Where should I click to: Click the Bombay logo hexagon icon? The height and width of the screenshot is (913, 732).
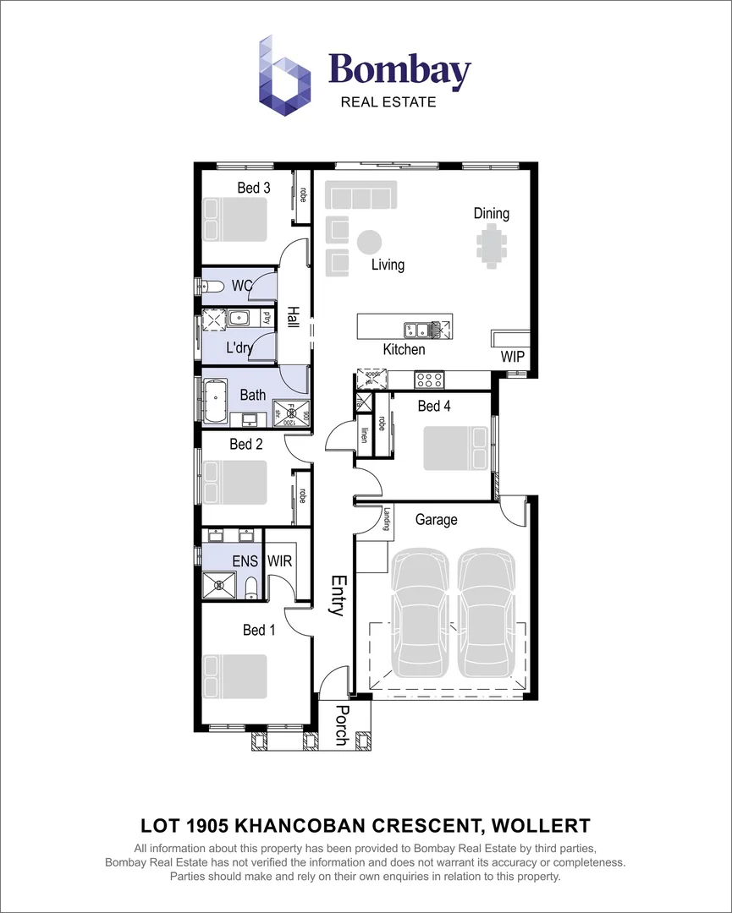[x=285, y=75]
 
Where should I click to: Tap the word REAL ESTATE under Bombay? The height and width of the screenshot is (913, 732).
[x=388, y=102]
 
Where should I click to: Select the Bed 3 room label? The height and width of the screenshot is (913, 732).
[x=253, y=188]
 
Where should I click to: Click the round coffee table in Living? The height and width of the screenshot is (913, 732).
[x=369, y=242]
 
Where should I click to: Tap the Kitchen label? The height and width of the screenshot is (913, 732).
[x=404, y=349]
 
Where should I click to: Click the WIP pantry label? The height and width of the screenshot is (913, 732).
[x=513, y=357]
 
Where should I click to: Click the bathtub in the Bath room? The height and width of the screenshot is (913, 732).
[x=217, y=401]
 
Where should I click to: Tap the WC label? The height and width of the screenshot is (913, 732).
[x=243, y=287]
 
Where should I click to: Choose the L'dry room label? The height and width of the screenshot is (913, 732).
[x=239, y=347]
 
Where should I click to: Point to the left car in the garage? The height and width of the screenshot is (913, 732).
[x=421, y=614]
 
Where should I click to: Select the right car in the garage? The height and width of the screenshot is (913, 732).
[x=487, y=614]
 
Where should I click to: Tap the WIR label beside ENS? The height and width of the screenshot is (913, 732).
[x=279, y=560]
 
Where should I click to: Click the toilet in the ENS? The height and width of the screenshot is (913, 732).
[x=250, y=588]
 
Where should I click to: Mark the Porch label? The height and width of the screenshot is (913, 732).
[x=342, y=725]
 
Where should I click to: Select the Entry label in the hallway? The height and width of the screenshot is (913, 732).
[x=338, y=595]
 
